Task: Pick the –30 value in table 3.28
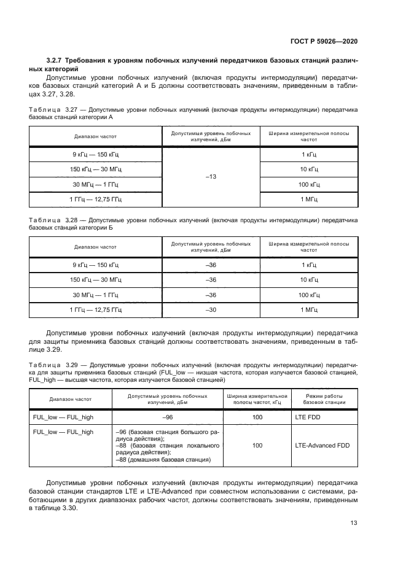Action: coord(211,309)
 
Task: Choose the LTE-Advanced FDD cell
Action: coord(322,445)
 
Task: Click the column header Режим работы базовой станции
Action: coord(323,400)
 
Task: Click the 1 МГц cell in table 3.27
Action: coord(309,199)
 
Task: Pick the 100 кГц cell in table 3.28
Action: coord(309,295)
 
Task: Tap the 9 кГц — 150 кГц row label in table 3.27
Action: coord(95,154)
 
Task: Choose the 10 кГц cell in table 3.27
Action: coord(309,169)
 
